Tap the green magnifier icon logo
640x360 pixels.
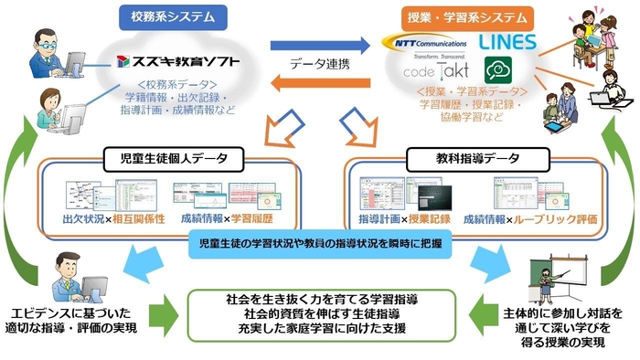502,71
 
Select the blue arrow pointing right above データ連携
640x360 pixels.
321,43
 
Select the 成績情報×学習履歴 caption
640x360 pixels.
216,219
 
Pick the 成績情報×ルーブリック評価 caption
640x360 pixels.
517,219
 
